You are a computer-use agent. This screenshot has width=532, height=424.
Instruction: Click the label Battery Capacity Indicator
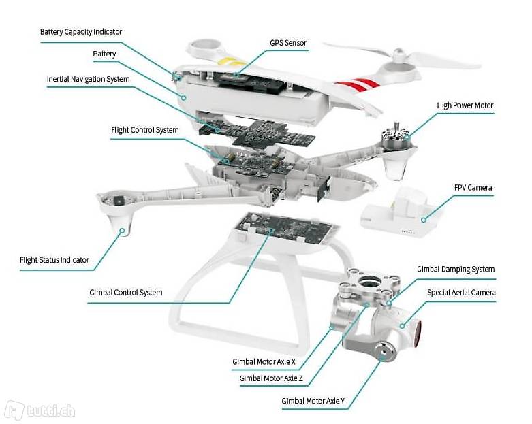pyautogui.click(x=81, y=31)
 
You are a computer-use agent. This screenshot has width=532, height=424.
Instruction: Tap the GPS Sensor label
pyautogui.click(x=287, y=43)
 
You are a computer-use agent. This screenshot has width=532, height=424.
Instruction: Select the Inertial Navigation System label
pyautogui.click(x=88, y=79)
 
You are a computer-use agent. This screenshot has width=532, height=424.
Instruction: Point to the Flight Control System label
pyautogui.click(x=144, y=129)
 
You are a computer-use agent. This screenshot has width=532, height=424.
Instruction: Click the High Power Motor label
pyautogui.click(x=465, y=105)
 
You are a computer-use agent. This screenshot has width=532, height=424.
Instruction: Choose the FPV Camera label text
pyautogui.click(x=473, y=187)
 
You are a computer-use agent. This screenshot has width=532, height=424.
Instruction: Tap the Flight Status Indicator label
pyautogui.click(x=54, y=260)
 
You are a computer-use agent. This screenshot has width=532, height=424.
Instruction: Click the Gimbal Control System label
pyautogui.click(x=126, y=293)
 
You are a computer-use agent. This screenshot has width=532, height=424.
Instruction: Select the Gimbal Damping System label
pyautogui.click(x=456, y=270)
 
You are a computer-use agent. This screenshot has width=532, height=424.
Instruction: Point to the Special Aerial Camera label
pyautogui.click(x=461, y=293)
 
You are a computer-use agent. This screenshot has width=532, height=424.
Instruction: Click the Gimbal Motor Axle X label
pyautogui.click(x=264, y=361)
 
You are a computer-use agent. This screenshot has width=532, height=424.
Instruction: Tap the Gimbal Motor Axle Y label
pyautogui.click(x=313, y=401)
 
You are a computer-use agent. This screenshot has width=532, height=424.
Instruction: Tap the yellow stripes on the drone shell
pyautogui.click(x=228, y=60)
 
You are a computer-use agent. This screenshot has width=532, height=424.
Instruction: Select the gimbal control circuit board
pyautogui.click(x=287, y=233)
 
